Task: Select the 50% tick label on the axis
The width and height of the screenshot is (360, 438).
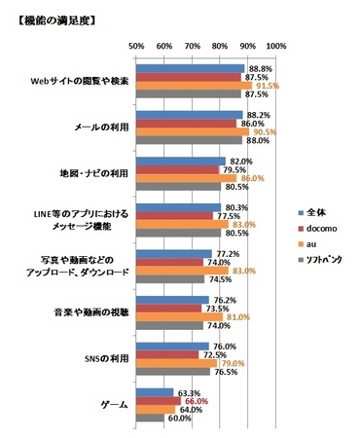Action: coord(136,45)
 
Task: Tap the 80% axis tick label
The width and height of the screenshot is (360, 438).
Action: coord(220,45)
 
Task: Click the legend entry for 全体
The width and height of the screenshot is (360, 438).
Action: coord(316,210)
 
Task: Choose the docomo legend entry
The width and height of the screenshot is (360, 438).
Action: coord(323,228)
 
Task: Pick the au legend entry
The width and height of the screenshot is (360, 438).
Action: coord(314,245)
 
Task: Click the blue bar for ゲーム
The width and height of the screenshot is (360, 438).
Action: coord(155,392)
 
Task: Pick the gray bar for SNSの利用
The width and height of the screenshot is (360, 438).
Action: coord(173,371)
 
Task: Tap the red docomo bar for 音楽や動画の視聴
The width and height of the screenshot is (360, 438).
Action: coord(169,308)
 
